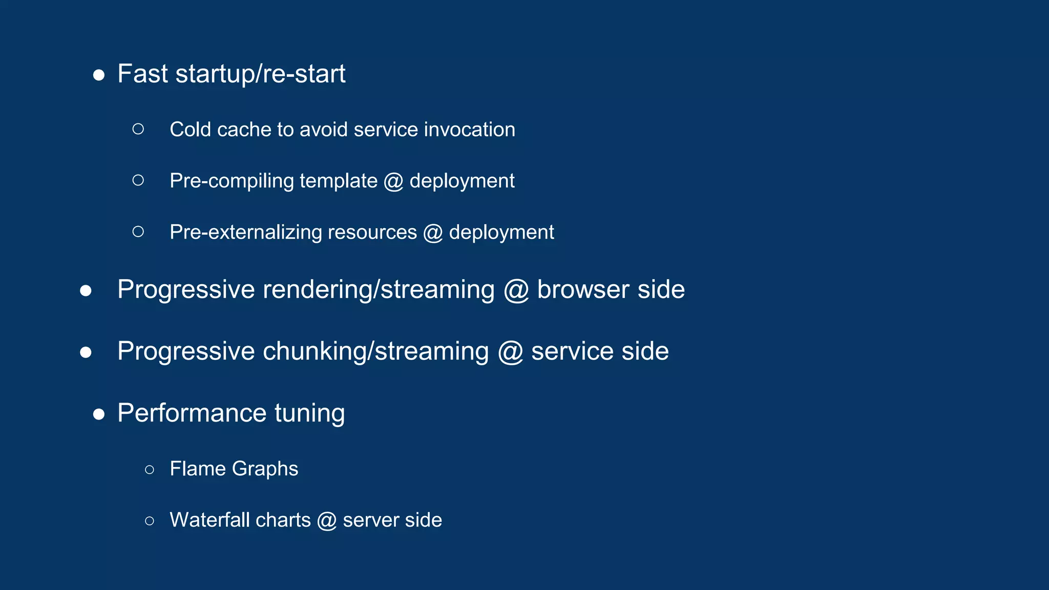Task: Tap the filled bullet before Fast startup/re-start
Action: coord(99,76)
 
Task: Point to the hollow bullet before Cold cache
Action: coord(138,129)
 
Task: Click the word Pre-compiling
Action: coord(232,181)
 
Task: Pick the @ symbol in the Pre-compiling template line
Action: coord(393,181)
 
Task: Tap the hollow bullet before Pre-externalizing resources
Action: coord(138,231)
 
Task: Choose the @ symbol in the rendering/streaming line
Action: coord(516,290)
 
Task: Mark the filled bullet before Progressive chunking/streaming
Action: coord(86,353)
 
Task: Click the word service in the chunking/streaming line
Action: coord(572,351)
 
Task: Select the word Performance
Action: coord(192,413)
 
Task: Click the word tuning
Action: coord(309,414)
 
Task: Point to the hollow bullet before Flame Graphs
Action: coord(150,470)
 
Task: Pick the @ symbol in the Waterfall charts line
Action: coord(326,521)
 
